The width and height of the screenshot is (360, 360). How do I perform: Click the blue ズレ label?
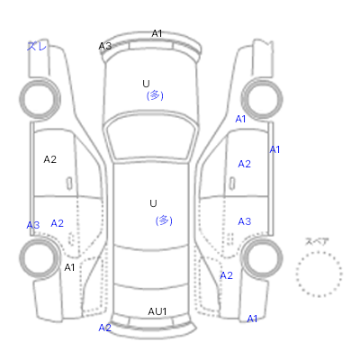pyautogui.click(x=37, y=46)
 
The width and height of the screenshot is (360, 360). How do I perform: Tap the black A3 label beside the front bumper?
pyautogui.click(x=105, y=46)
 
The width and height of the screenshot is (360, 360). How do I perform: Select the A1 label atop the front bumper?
pyautogui.click(x=157, y=33)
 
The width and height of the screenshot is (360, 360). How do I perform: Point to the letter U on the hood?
pyautogui.click(x=146, y=84)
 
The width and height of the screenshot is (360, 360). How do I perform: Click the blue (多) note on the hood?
pyautogui.click(x=155, y=95)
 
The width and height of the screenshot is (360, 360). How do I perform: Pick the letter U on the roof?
pyautogui.click(x=153, y=203)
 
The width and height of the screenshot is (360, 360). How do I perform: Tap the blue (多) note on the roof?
pyautogui.click(x=164, y=220)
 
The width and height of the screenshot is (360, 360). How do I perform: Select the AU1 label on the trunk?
pyautogui.click(x=157, y=311)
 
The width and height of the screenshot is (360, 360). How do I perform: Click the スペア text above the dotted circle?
pyautogui.click(x=317, y=241)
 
